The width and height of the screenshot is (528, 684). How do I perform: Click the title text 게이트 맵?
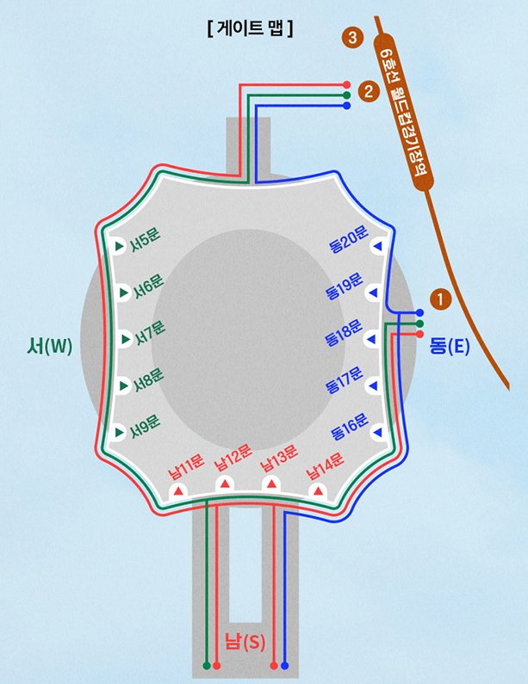(x=251, y=28)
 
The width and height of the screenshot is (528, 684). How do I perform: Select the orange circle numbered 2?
(x=369, y=90)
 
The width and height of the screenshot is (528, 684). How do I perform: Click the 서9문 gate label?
(x=146, y=424)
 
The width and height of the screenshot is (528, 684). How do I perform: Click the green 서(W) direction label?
(x=50, y=347)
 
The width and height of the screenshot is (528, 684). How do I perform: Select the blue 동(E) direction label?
(x=449, y=347)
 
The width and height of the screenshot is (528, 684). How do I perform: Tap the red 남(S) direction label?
(x=245, y=641)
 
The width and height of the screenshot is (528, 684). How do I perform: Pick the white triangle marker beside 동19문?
(x=373, y=293)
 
